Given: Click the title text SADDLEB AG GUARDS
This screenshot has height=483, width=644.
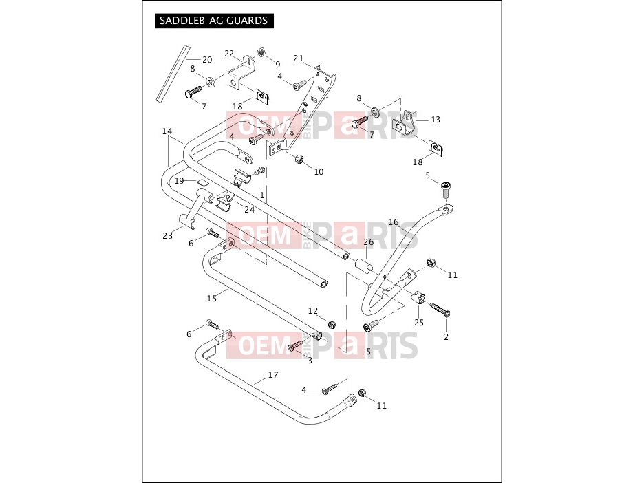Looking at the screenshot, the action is pyautogui.click(x=213, y=21).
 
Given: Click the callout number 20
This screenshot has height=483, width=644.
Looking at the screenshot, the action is pyautogui.click(x=207, y=60).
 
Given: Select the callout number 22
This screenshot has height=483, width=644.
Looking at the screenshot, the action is pyautogui.click(x=229, y=54).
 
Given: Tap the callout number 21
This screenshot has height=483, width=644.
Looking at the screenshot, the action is pyautogui.click(x=298, y=58).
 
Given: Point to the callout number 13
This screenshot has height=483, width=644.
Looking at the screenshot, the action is pyautogui.click(x=436, y=120).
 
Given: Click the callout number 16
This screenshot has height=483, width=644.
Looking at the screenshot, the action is pyautogui.click(x=394, y=222).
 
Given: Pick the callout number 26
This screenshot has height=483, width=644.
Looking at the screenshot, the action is pyautogui.click(x=368, y=242).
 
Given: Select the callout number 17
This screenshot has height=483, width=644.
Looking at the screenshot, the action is pyautogui.click(x=273, y=374).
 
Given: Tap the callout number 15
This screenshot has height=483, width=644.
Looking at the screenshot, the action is pyautogui.click(x=211, y=299).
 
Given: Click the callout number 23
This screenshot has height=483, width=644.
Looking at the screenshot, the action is pyautogui.click(x=168, y=236).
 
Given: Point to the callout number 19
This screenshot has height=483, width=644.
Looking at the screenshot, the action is pyautogui.click(x=179, y=181).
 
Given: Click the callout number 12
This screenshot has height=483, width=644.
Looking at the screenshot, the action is pyautogui.click(x=313, y=311).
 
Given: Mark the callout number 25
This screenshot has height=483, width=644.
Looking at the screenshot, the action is pyautogui.click(x=419, y=323).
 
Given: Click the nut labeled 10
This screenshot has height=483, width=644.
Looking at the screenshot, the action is pyautogui.click(x=299, y=158).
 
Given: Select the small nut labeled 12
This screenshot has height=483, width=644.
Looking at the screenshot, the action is pyautogui.click(x=332, y=325).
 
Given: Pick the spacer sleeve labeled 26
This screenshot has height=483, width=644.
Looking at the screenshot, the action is pyautogui.click(x=364, y=264).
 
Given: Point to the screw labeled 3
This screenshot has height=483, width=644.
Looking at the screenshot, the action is pyautogui.click(x=295, y=347).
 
